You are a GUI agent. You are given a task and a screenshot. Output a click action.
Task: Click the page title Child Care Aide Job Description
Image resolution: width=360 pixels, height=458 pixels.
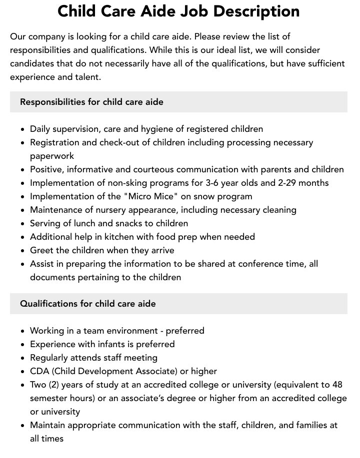178,11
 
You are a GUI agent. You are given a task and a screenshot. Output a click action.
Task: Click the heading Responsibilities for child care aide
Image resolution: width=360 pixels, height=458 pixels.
91,102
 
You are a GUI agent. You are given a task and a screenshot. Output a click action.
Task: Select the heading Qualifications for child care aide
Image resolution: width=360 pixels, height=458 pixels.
87,304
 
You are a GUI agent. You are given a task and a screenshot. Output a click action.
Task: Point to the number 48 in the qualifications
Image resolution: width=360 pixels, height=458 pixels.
337,385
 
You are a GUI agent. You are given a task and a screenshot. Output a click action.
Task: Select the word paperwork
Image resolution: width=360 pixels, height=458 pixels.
52,156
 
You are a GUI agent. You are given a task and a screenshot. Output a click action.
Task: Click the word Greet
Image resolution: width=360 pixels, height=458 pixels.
41,250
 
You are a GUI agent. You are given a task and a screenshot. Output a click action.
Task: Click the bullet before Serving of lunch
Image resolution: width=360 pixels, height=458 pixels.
22,223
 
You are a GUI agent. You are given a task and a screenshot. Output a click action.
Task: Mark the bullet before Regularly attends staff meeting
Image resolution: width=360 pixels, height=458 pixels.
22,358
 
